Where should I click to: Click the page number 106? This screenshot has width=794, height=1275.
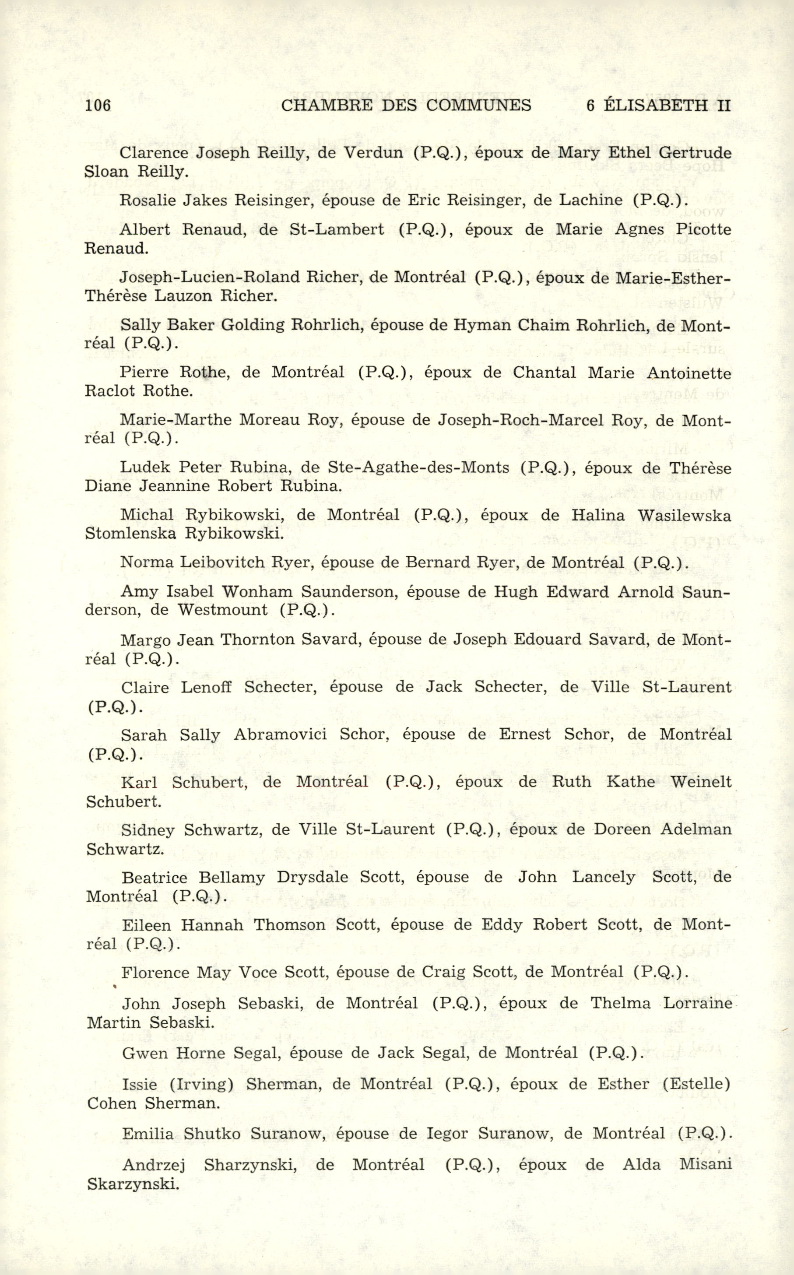pos(98,105)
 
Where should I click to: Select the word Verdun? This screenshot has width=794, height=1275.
pos(373,153)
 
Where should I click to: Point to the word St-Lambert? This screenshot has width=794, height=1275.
pos(337,229)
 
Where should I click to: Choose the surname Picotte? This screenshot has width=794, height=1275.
pos(703,229)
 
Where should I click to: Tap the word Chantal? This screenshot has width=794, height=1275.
pos(544,372)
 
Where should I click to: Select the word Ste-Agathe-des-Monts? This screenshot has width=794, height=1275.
pos(418,467)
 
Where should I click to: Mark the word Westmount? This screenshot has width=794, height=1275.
pos(223,610)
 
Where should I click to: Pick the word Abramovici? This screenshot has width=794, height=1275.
pos(280,734)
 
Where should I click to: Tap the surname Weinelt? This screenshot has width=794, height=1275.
pos(700,782)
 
